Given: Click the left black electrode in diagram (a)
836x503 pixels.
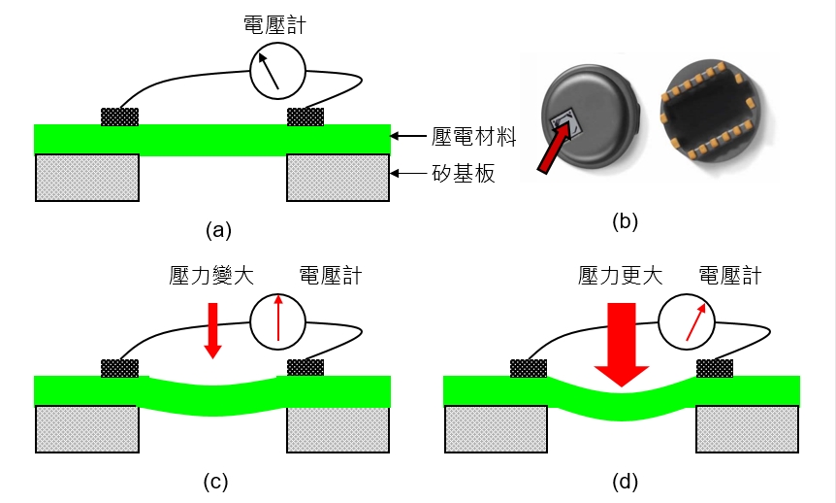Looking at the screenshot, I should click(120, 117).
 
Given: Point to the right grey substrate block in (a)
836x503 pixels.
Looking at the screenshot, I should click(338, 177).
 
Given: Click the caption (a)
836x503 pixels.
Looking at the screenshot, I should click(218, 230).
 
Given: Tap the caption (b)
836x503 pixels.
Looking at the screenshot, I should click(626, 221).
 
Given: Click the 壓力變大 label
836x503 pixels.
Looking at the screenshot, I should click(209, 276).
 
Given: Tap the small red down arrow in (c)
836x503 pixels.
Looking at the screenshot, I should click(212, 330).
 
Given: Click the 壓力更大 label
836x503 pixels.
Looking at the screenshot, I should click(620, 276).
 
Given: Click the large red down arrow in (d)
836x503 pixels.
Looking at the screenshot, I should click(621, 345).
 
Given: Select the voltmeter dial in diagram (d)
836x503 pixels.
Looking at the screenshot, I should click(686, 320).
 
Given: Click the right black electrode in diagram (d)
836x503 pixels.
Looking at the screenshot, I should click(715, 368).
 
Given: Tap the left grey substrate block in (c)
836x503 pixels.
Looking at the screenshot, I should click(86, 427).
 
